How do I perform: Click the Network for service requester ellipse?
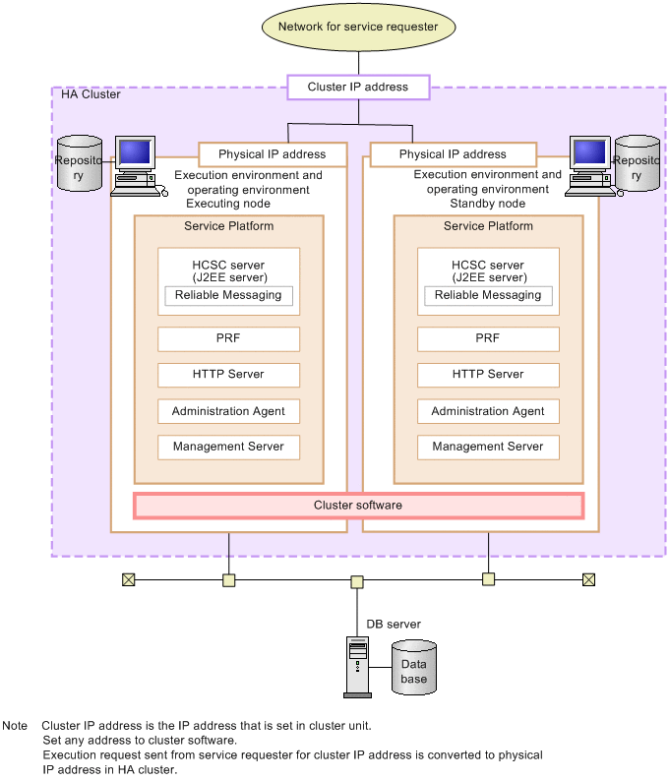[358, 27]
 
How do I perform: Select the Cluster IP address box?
[358, 88]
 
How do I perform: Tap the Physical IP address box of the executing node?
[273, 154]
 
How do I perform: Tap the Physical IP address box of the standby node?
[453, 154]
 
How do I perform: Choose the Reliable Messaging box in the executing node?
[228, 295]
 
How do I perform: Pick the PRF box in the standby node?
[488, 338]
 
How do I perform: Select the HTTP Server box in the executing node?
[228, 375]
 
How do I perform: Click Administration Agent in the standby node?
[488, 411]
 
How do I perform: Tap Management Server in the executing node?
[228, 447]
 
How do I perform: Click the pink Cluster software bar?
[358, 506]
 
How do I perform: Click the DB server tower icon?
[357, 666]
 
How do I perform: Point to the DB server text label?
[394, 624]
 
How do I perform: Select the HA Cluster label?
[91, 94]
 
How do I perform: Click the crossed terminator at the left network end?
[128, 579]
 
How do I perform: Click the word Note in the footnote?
[15, 726]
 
